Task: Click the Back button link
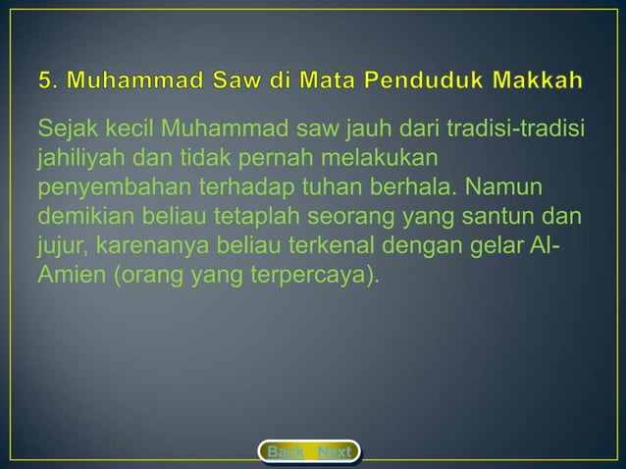click(x=286, y=452)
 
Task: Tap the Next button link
click(x=335, y=452)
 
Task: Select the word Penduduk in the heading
click(x=418, y=78)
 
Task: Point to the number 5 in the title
click(x=45, y=78)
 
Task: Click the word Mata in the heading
click(x=314, y=78)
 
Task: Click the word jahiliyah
click(x=76, y=157)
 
